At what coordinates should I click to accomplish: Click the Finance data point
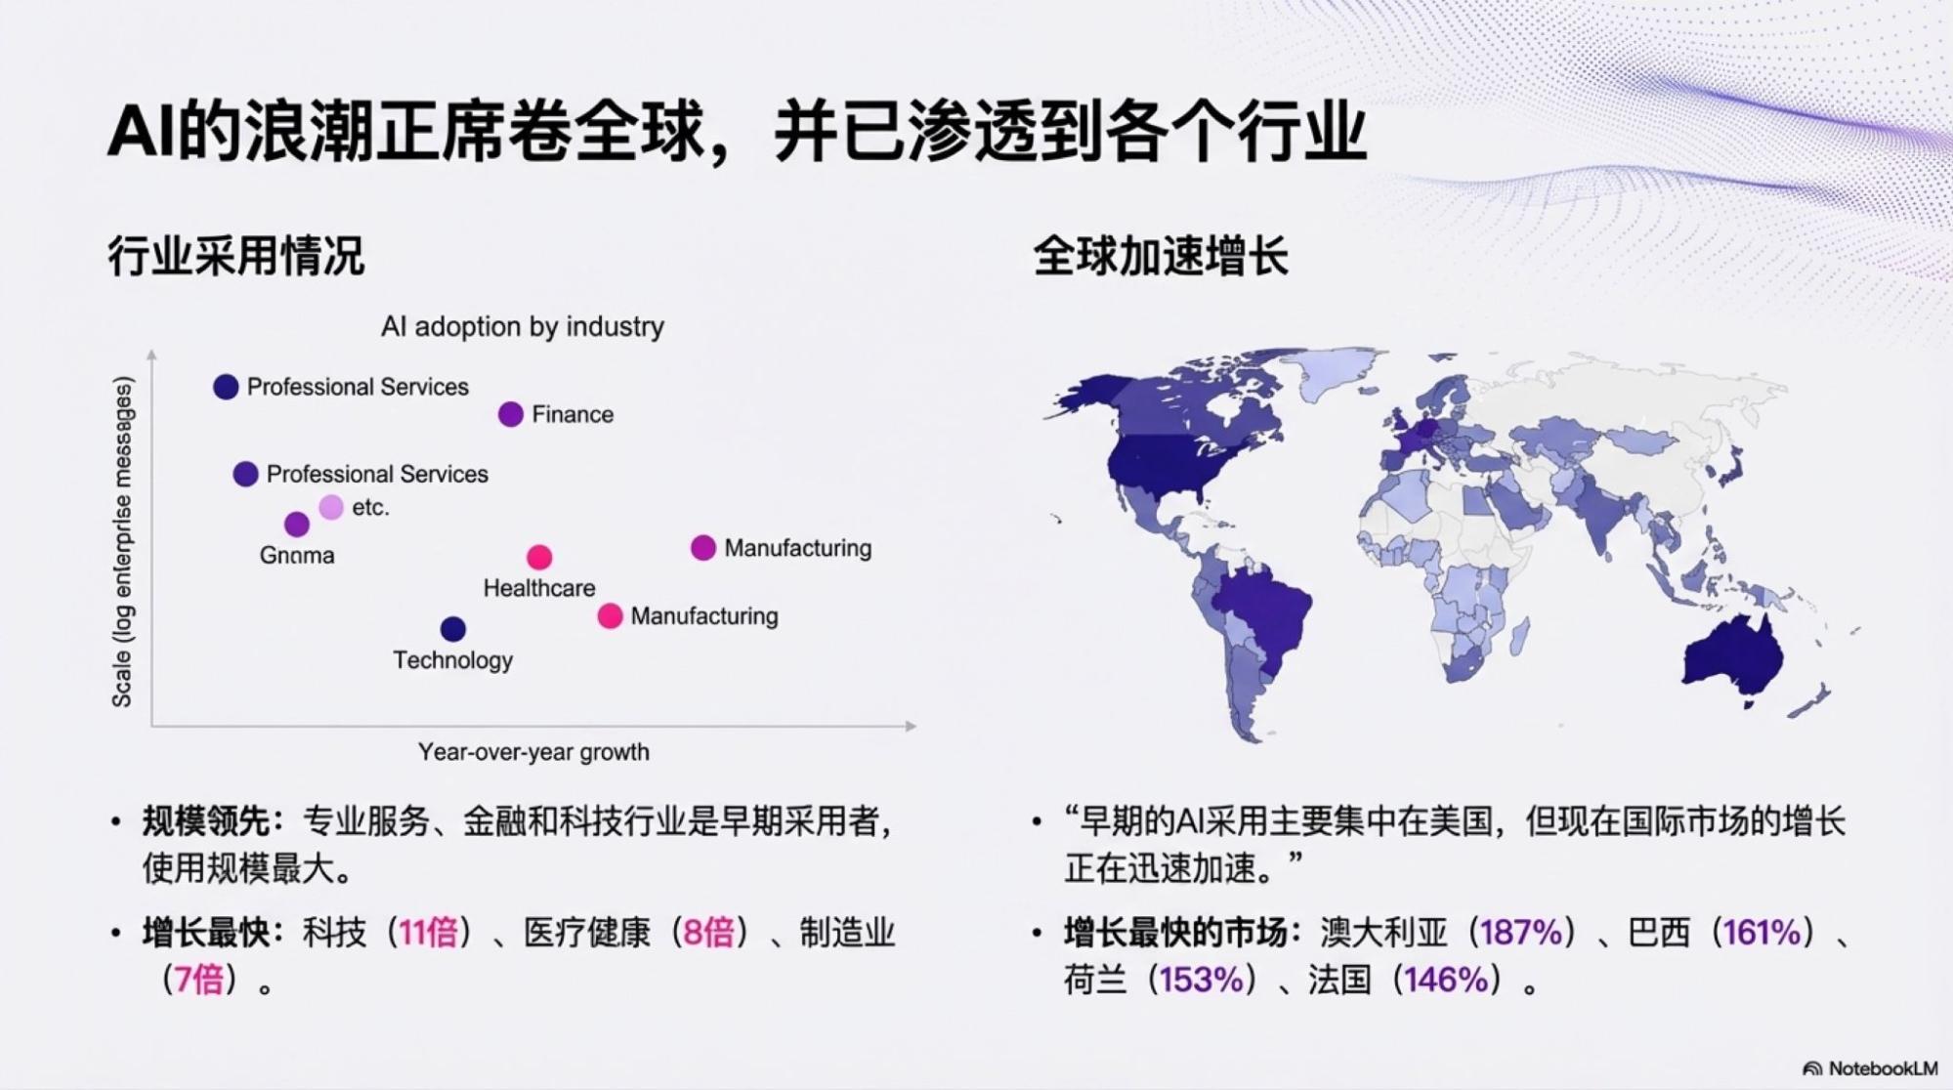(510, 414)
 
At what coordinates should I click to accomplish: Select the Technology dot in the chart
(452, 628)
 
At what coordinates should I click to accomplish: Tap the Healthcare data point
(538, 557)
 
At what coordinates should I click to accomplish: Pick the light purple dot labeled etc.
(331, 507)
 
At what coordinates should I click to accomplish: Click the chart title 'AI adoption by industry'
(523, 326)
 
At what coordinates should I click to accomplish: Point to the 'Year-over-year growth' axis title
(533, 752)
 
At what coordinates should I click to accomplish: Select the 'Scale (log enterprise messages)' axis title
(122, 542)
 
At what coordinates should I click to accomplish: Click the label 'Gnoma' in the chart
(297, 555)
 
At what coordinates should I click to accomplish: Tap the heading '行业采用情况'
(235, 256)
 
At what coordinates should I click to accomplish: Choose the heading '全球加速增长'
(1161, 256)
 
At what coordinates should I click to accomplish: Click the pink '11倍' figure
(428, 933)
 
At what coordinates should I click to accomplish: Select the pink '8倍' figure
(709, 933)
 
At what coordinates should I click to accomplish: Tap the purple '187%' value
(1522, 933)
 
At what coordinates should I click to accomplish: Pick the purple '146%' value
(1446, 980)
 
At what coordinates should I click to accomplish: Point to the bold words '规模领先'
(205, 822)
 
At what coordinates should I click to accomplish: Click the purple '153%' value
(1202, 980)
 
